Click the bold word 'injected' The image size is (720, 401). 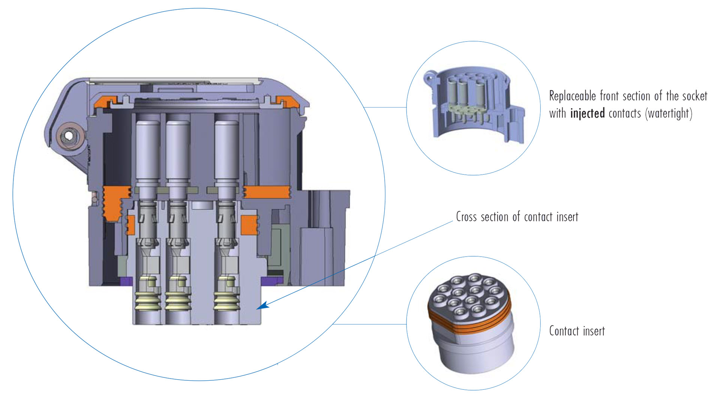[x=587, y=113]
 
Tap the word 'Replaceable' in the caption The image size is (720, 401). [x=572, y=96]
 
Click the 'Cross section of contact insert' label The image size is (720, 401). [x=517, y=217]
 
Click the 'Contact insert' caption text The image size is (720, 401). [x=577, y=331]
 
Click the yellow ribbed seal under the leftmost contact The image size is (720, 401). [x=148, y=301]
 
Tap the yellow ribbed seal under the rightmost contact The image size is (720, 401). [x=226, y=301]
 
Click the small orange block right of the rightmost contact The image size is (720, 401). [x=249, y=225]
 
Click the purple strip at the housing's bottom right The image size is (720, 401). [x=271, y=281]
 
